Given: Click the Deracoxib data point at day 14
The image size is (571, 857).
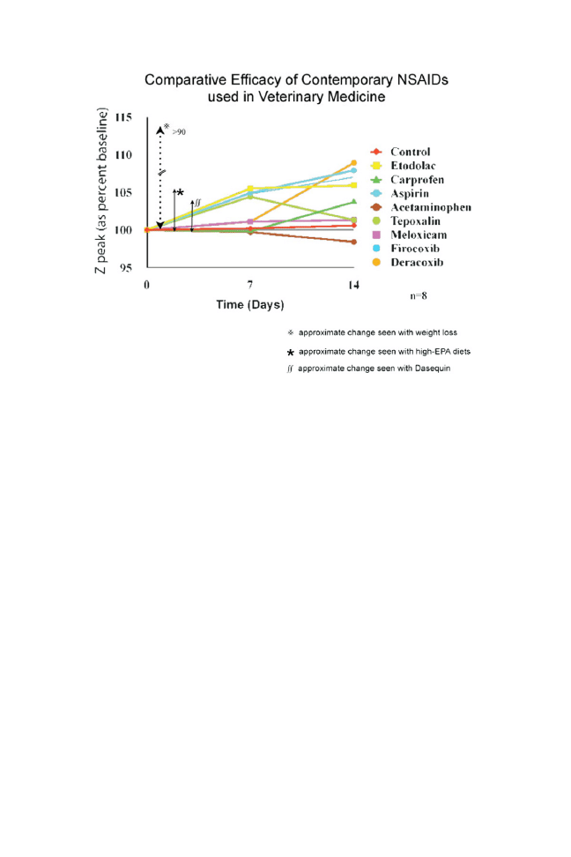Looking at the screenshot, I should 354,163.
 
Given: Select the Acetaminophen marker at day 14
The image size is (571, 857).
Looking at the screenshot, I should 354,242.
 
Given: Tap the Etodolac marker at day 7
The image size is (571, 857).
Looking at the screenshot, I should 251,189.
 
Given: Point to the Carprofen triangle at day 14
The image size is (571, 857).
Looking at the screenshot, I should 354,202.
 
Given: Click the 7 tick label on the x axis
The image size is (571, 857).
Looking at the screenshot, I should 251,286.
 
